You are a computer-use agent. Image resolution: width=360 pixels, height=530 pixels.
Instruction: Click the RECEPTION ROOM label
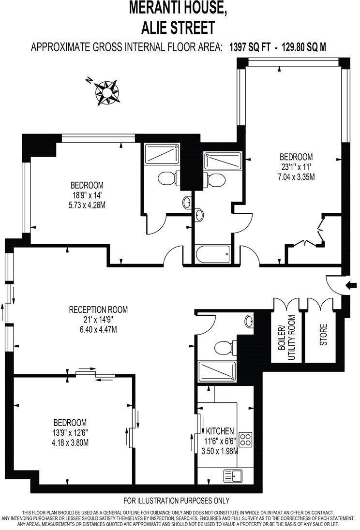[x=98, y=310]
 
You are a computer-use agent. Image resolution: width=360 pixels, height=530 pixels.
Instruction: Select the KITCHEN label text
[x=220, y=431]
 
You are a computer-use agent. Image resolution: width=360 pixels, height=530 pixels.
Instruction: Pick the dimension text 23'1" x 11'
[x=296, y=167]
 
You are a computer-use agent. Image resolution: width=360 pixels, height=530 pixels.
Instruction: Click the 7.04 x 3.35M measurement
[x=296, y=177]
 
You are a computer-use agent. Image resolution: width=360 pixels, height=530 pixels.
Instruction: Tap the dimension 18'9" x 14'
[x=87, y=195]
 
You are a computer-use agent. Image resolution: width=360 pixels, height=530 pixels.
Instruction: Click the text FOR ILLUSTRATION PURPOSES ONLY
[x=177, y=501]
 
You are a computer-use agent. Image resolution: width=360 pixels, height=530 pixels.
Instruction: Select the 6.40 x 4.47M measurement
[x=98, y=330]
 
